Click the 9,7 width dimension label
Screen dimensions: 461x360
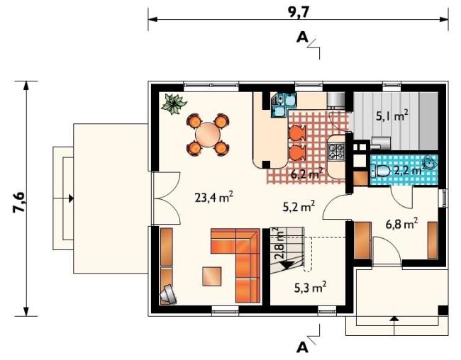pyautogui.click(x=299, y=13)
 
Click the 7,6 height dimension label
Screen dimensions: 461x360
pyautogui.click(x=19, y=203)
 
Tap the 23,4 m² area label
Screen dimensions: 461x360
pyautogui.click(x=214, y=198)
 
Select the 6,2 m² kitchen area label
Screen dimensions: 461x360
pyautogui.click(x=306, y=174)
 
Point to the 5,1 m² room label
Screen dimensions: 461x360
pyautogui.click(x=392, y=116)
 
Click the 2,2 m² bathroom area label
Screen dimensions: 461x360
pyautogui.click(x=409, y=170)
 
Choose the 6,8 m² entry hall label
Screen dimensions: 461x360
pyautogui.click(x=401, y=224)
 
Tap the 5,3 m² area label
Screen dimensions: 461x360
pyautogui.click(x=311, y=287)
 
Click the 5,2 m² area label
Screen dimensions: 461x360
pyautogui.click(x=299, y=206)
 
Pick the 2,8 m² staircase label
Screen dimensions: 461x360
pyautogui.click(x=279, y=243)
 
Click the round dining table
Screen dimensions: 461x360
pyautogui.click(x=208, y=135)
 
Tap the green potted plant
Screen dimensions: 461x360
pyautogui.click(x=174, y=103)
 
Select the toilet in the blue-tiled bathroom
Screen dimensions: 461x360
pyautogui.click(x=380, y=171)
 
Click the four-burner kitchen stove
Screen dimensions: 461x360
pyautogui.click(x=336, y=152)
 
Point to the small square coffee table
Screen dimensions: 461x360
pyautogui.click(x=211, y=276)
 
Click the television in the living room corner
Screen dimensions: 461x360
pyautogui.click(x=169, y=294)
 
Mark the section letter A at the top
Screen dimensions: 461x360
pyautogui.click(x=302, y=38)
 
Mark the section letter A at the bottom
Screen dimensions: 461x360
pyautogui.click(x=302, y=348)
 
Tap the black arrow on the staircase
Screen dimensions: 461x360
pyautogui.click(x=287, y=264)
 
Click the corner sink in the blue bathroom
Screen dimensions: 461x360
pyautogui.click(x=430, y=162)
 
